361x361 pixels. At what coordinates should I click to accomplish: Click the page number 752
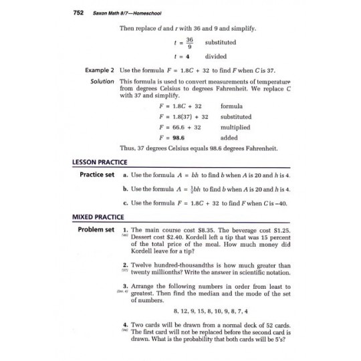58,15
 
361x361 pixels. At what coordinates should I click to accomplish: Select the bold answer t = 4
180,57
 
